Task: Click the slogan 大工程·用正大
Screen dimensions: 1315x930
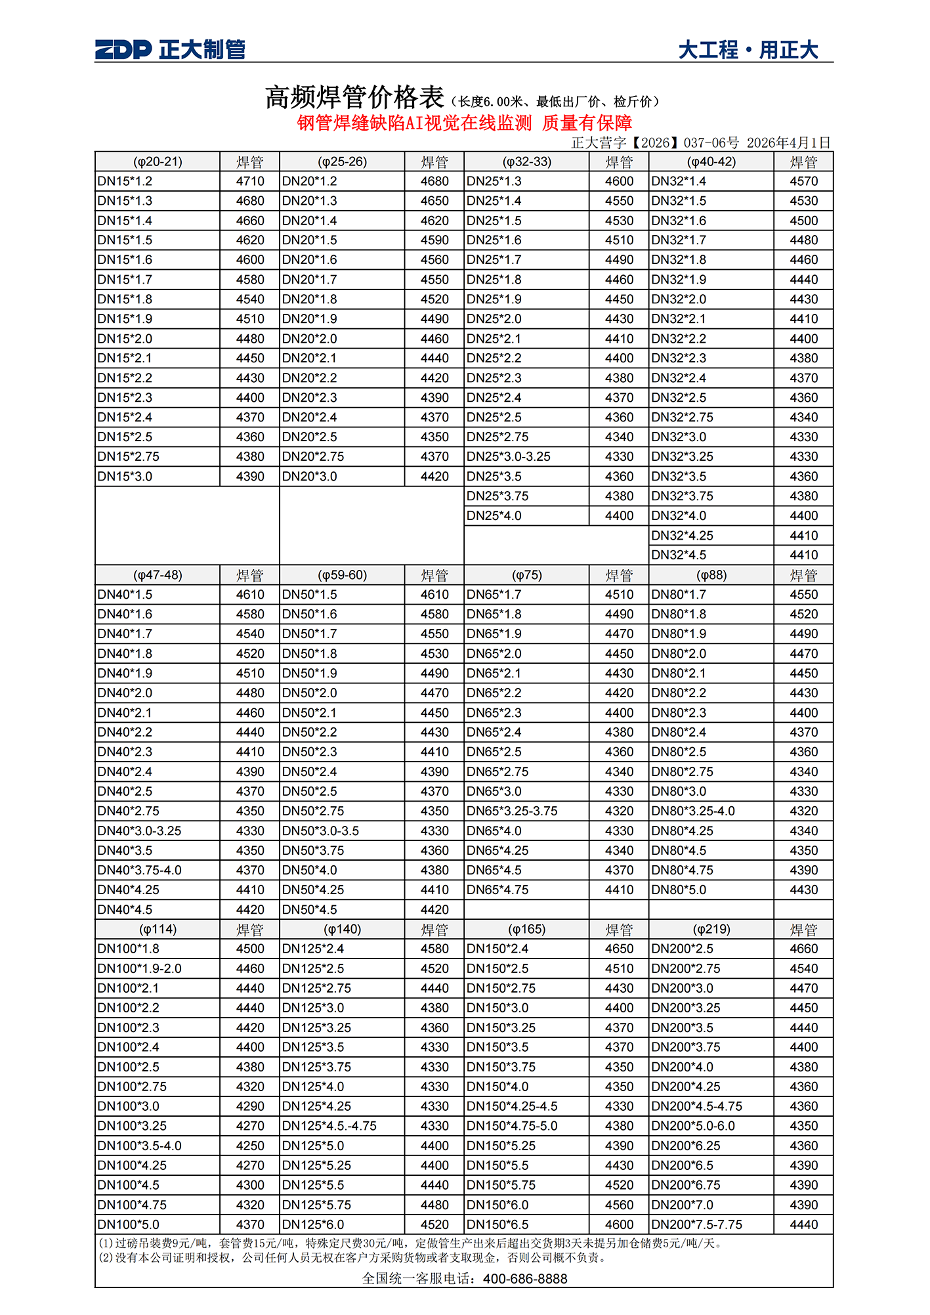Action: tap(748, 50)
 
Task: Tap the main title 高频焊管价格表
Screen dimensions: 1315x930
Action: tap(355, 98)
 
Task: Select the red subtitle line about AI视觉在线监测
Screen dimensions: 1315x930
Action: tap(464, 123)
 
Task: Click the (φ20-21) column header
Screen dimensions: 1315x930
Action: tap(158, 162)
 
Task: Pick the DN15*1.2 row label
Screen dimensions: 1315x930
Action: tap(125, 181)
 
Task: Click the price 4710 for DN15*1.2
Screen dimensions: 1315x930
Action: tap(250, 181)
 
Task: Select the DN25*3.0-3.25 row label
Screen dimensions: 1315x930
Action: tap(509, 456)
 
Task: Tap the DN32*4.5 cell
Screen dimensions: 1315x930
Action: tap(679, 555)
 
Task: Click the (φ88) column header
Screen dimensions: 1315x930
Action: tap(711, 575)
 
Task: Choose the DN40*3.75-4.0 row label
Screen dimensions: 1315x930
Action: tap(139, 870)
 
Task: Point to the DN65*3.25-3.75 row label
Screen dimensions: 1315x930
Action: tap(512, 811)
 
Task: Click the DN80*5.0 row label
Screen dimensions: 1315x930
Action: tap(679, 890)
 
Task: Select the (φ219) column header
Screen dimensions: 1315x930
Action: tap(711, 929)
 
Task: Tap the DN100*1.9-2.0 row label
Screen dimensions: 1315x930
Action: tap(139, 968)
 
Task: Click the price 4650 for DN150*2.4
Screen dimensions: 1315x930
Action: tap(619, 949)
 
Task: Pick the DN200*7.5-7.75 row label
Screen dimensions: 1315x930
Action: tap(696, 1224)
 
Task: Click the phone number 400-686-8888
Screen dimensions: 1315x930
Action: tap(525, 1278)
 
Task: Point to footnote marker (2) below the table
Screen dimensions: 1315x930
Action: tap(106, 1257)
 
